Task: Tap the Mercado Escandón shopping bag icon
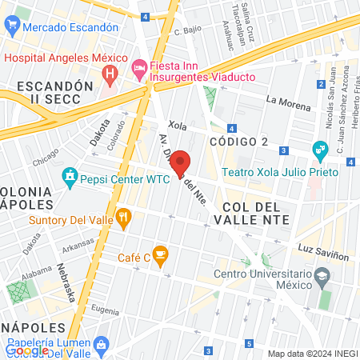pos(12,26)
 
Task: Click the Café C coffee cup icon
pos(160,256)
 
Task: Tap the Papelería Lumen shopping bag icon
pos(100,344)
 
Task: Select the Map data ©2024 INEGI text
pos(311,354)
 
